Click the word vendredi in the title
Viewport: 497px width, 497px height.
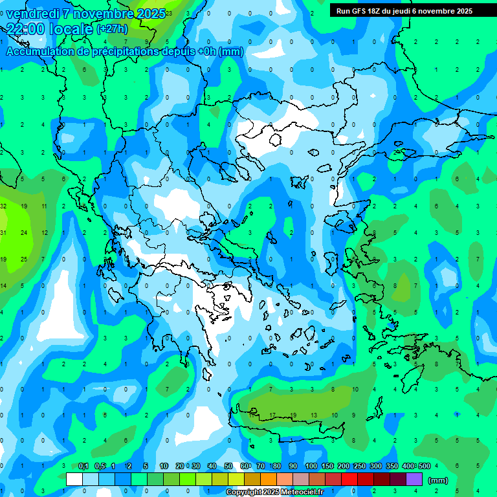click(x=32, y=14)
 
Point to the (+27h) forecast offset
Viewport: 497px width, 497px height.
click(x=112, y=29)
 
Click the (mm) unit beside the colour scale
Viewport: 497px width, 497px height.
click(x=438, y=480)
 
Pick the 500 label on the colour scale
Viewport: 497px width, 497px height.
click(x=424, y=466)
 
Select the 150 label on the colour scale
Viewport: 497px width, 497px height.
click(x=327, y=466)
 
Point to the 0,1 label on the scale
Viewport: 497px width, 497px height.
click(x=83, y=466)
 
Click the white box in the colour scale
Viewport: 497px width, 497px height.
click(x=74, y=480)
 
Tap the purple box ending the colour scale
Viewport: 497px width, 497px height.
click(x=414, y=480)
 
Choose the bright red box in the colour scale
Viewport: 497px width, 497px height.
click(x=349, y=480)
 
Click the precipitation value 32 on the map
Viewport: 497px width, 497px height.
click(x=3, y=206)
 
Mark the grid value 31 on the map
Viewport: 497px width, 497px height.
click(x=3, y=232)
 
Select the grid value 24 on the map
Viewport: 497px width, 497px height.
click(x=23, y=232)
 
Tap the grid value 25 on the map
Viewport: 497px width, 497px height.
click(x=23, y=259)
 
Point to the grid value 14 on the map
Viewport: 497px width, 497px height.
click(x=3, y=285)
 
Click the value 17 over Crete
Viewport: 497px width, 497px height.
click(x=273, y=415)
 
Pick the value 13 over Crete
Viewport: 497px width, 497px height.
click(x=314, y=415)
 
